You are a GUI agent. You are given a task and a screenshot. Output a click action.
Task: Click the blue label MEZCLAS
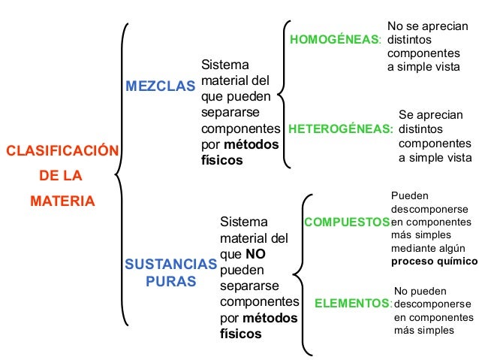pos(159,86)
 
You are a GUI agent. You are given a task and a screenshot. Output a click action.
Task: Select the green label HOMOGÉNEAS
pos(335,38)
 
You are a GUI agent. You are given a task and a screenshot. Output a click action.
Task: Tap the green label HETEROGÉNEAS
pos(340,129)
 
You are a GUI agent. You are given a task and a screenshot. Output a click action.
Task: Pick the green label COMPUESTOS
pos(346,222)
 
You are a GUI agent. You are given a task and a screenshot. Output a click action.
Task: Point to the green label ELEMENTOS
pos(353,304)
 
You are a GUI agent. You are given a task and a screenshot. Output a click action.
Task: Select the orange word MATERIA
pos(62,201)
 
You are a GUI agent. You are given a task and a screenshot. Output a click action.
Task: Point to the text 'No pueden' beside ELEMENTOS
pos(420,291)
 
